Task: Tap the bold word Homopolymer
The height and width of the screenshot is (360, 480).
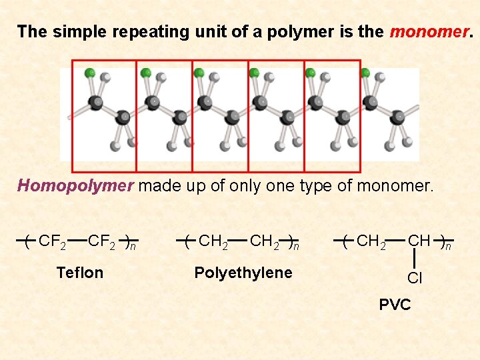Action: point(75,185)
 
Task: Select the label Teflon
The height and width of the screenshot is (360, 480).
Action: point(80,272)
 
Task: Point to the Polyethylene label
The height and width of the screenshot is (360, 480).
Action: point(243,272)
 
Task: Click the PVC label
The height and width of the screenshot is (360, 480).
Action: point(395,305)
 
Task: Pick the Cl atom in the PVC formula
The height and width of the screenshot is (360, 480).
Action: point(415,278)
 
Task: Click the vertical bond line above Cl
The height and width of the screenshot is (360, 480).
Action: point(415,256)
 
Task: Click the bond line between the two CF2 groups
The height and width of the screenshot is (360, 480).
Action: point(77,239)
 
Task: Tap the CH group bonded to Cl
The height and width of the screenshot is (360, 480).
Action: point(419,240)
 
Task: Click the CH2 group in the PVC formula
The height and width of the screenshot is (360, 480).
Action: point(371,241)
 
